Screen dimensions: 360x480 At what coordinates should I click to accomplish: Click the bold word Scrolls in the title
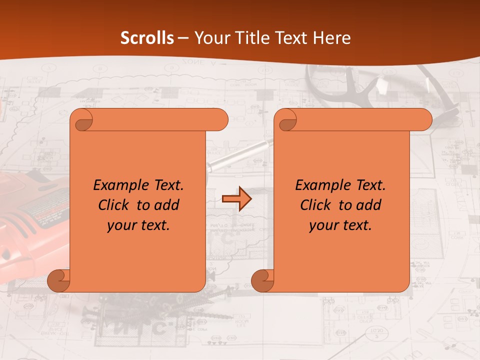[147, 38]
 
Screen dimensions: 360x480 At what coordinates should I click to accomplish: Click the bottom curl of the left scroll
[58, 280]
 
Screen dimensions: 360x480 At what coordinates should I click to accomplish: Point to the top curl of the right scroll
[287, 120]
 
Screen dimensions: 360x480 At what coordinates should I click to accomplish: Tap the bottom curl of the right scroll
[262, 280]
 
